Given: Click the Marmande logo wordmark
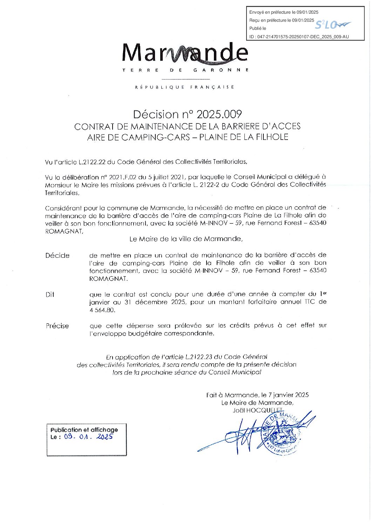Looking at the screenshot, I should click(x=185, y=54).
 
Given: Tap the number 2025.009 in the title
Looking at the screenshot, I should click(x=219, y=114).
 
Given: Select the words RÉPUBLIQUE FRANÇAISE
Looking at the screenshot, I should click(x=185, y=87).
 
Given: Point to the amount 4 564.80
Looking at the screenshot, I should click(x=102, y=310).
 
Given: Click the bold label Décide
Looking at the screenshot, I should click(x=57, y=256).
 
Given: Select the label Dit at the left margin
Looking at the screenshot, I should click(x=50, y=295).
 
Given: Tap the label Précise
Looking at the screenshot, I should click(x=57, y=326).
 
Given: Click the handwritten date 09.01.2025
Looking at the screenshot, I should click(x=89, y=437).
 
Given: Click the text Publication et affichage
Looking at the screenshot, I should click(x=84, y=430).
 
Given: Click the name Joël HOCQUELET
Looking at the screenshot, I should click(x=258, y=410).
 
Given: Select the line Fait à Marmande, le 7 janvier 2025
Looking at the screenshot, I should click(x=257, y=395).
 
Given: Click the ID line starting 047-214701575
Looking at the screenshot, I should click(x=299, y=36).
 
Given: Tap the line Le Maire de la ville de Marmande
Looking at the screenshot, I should click(x=186, y=239).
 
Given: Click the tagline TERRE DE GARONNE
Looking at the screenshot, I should click(x=185, y=70).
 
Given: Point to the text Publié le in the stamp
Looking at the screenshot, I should click(x=257, y=28).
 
